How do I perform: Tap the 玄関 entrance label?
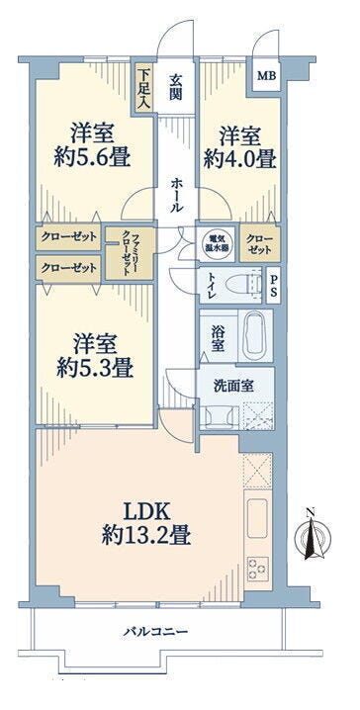coord(176,88)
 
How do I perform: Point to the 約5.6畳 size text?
coord(93,157)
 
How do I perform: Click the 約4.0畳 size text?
coord(239,159)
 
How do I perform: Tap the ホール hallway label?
coord(177,195)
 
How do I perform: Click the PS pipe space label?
coord(274,285)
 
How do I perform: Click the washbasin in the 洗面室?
coord(221,415)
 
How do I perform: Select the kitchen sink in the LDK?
coord(258,517)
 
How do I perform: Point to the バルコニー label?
coord(155,631)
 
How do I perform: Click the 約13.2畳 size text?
coord(145,537)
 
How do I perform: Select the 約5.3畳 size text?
coord(94,370)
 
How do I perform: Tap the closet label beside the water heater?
coord(259,244)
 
